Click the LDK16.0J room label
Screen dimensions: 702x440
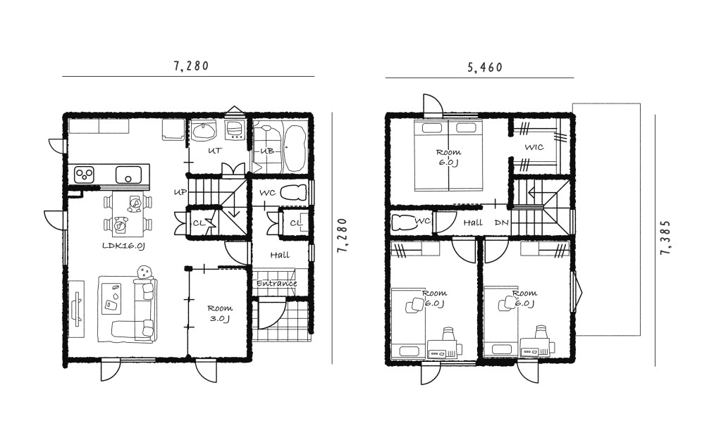coord(123,246)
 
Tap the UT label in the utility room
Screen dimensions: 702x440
coord(215,151)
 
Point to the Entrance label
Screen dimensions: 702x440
coord(277,284)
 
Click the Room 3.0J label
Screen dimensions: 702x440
coord(220,313)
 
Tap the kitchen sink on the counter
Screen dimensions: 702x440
coord(128,175)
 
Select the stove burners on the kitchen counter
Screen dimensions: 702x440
coord(84,174)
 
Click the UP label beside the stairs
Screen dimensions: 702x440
coord(180,192)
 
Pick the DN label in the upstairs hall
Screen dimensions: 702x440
coord(501,222)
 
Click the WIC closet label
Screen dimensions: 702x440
coord(534,146)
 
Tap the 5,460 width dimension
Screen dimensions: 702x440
coord(486,68)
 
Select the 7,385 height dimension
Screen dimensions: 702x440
coord(665,237)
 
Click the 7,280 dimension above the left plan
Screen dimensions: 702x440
coord(191,65)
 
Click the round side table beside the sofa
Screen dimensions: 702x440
coord(144,272)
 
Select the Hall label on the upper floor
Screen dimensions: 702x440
coord(473,222)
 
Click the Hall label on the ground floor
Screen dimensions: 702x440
coord(280,255)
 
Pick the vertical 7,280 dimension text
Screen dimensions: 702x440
coord(342,235)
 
